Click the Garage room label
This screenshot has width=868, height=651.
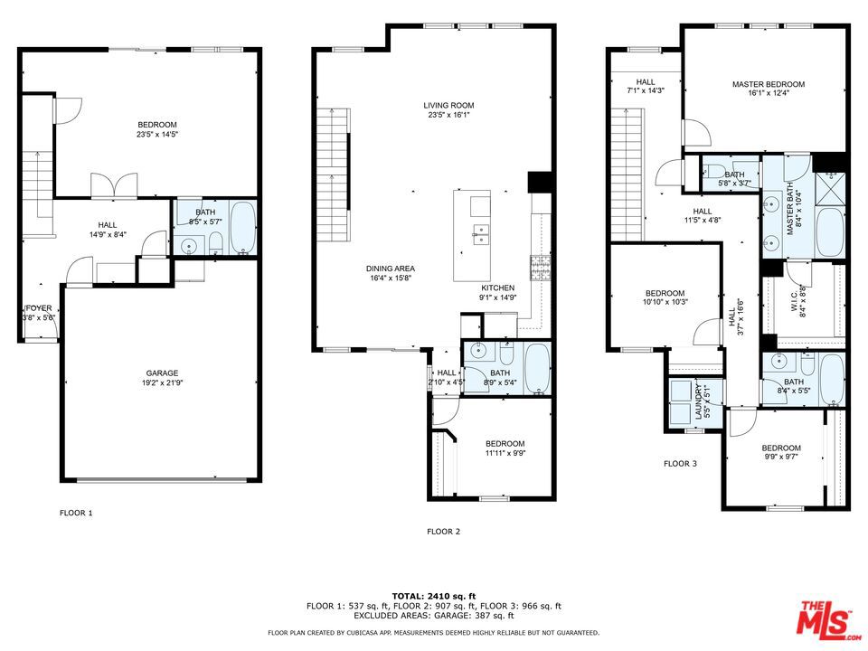coord(162,373)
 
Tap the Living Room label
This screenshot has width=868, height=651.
coord(448,105)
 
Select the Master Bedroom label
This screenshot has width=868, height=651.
coord(769,84)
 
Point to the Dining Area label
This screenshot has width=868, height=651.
coord(391,269)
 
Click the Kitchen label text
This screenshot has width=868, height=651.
coord(497,288)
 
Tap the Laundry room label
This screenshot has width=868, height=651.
coord(699,401)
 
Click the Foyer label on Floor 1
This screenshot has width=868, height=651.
coord(38,308)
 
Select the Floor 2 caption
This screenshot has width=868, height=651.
coord(443,532)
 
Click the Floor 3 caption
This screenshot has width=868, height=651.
coord(680,463)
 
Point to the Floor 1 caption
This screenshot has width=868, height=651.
coord(76,513)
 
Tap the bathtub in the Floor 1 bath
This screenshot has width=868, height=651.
coord(243,228)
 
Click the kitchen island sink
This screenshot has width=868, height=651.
coord(480,235)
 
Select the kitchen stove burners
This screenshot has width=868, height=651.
coord(541,268)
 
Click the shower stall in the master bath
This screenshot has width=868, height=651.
coord(830,188)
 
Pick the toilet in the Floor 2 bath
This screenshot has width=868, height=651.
coord(507,352)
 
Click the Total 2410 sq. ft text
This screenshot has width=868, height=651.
coord(434,596)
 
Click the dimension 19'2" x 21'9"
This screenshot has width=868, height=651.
coord(162,382)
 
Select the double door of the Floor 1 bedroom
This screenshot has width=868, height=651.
coord(114,185)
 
